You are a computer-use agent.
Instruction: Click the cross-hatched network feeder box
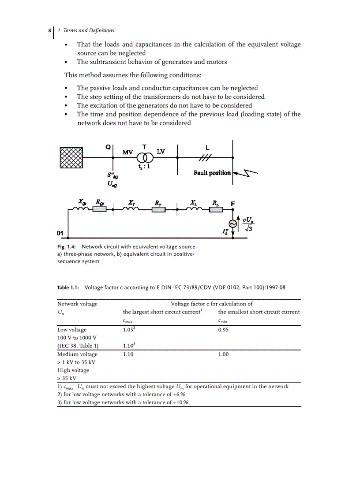point(71,157)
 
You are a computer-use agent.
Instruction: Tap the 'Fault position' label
point(212,173)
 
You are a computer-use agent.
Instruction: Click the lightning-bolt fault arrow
point(245,175)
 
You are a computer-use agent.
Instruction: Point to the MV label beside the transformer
point(127,152)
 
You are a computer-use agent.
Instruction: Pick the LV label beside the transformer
point(161,152)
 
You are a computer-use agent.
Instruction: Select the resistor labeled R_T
point(158,210)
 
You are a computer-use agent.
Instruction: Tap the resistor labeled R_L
point(216,210)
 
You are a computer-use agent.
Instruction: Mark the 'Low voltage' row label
point(72,330)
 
